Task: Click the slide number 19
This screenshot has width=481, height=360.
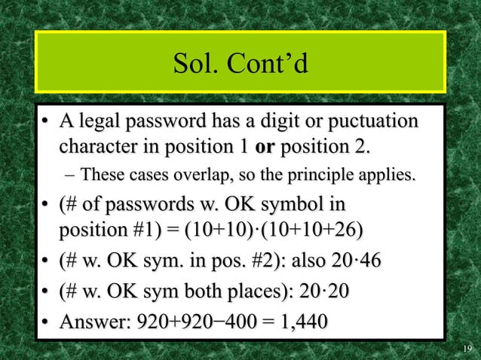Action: (x=467, y=348)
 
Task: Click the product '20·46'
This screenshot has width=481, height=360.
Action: (x=354, y=261)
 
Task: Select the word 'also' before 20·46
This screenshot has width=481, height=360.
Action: (x=301, y=261)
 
